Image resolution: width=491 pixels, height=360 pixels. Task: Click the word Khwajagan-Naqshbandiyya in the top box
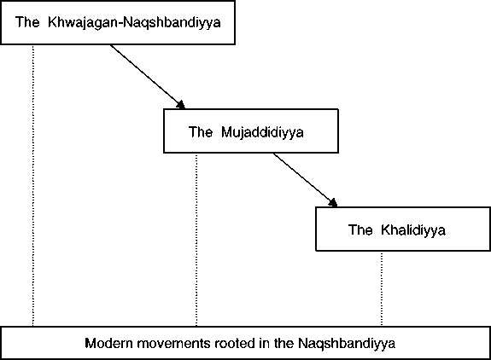tap(134, 23)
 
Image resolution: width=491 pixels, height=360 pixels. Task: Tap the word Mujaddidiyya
tap(262, 132)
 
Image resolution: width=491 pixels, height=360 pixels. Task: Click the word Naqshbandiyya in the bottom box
tap(347, 344)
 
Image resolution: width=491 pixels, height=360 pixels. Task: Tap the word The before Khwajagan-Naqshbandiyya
tap(27, 22)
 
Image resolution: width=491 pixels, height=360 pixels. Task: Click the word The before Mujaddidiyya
tap(201, 131)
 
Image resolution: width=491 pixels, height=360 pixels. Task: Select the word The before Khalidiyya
tap(360, 229)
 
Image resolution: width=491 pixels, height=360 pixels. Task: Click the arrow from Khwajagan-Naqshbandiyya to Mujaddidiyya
tap(148, 77)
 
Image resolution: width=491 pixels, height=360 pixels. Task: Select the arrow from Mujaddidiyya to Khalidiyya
tap(306, 180)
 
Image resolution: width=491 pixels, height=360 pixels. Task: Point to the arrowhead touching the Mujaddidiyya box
tap(181, 105)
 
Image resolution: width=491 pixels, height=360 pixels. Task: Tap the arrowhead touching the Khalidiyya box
tap(334, 203)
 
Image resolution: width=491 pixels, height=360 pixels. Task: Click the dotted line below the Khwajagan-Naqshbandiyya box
tap(33, 185)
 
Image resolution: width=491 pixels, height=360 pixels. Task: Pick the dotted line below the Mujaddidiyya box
tap(196, 240)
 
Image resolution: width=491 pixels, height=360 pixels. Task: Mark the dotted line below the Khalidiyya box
tap(382, 288)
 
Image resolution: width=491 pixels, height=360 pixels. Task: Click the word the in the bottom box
tap(283, 343)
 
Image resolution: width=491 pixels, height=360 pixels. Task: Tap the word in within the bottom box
tap(265, 343)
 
